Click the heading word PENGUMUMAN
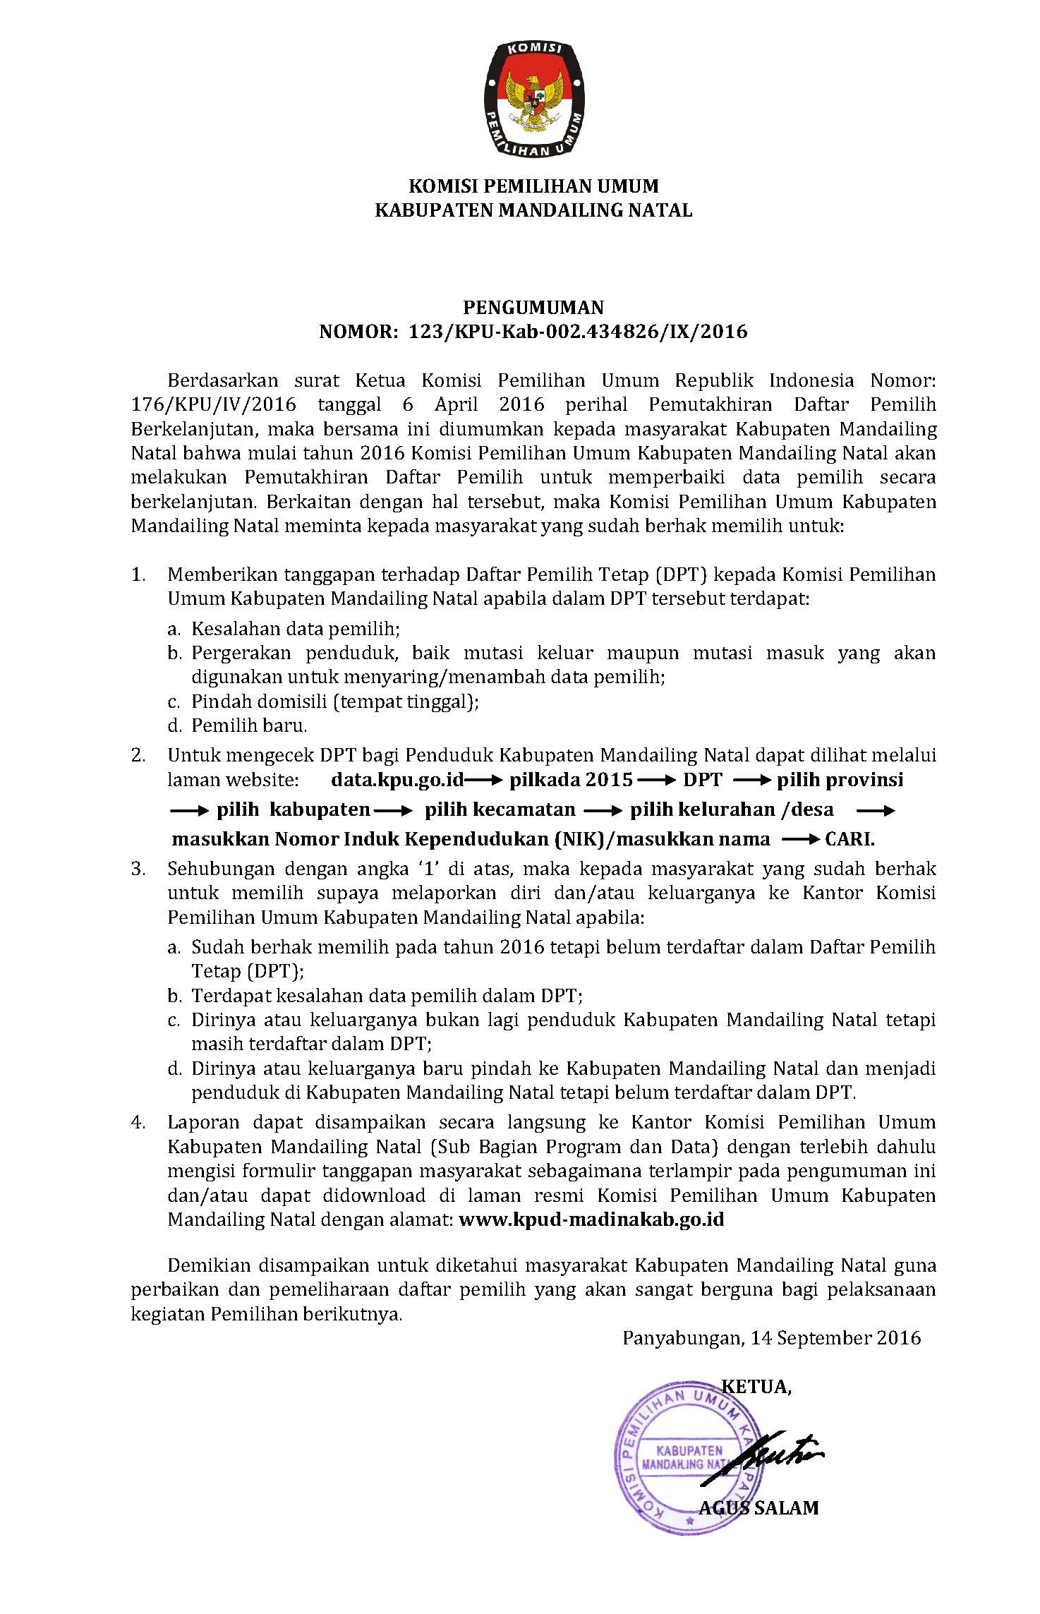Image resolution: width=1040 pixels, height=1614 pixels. click(533, 307)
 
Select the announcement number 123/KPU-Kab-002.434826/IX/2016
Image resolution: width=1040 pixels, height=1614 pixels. click(578, 332)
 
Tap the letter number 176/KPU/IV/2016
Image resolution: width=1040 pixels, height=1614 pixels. click(214, 405)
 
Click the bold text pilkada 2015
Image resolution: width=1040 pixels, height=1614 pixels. click(572, 780)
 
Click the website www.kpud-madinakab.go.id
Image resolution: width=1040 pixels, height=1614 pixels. click(591, 1219)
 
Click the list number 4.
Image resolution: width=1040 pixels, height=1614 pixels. click(138, 1122)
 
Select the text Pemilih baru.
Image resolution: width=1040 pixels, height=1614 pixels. click(249, 725)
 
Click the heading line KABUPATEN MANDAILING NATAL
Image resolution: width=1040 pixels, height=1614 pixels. click(533, 210)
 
